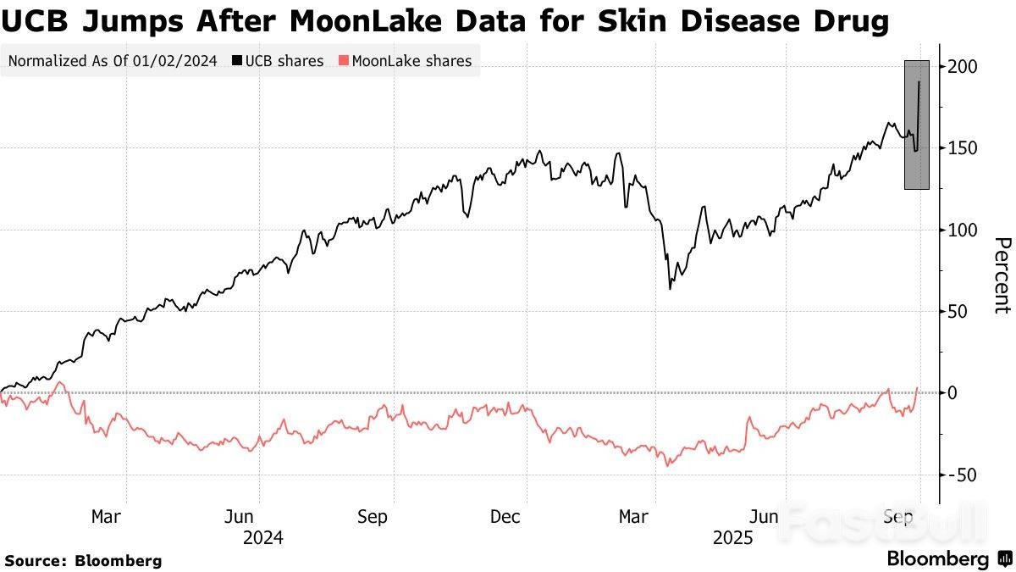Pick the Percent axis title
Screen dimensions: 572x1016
pyautogui.click(x=1002, y=275)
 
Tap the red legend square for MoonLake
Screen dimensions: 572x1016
pyautogui.click(x=343, y=61)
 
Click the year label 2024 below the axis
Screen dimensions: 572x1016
pyautogui.click(x=262, y=538)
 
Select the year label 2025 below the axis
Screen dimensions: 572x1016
pyautogui.click(x=733, y=538)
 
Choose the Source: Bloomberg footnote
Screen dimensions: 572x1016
pyautogui.click(x=83, y=560)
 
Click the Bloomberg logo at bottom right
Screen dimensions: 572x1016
pyautogui.click(x=948, y=559)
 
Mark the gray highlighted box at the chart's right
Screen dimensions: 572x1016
pyautogui.click(x=917, y=125)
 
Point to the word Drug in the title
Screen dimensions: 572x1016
pyautogui.click(x=849, y=20)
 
